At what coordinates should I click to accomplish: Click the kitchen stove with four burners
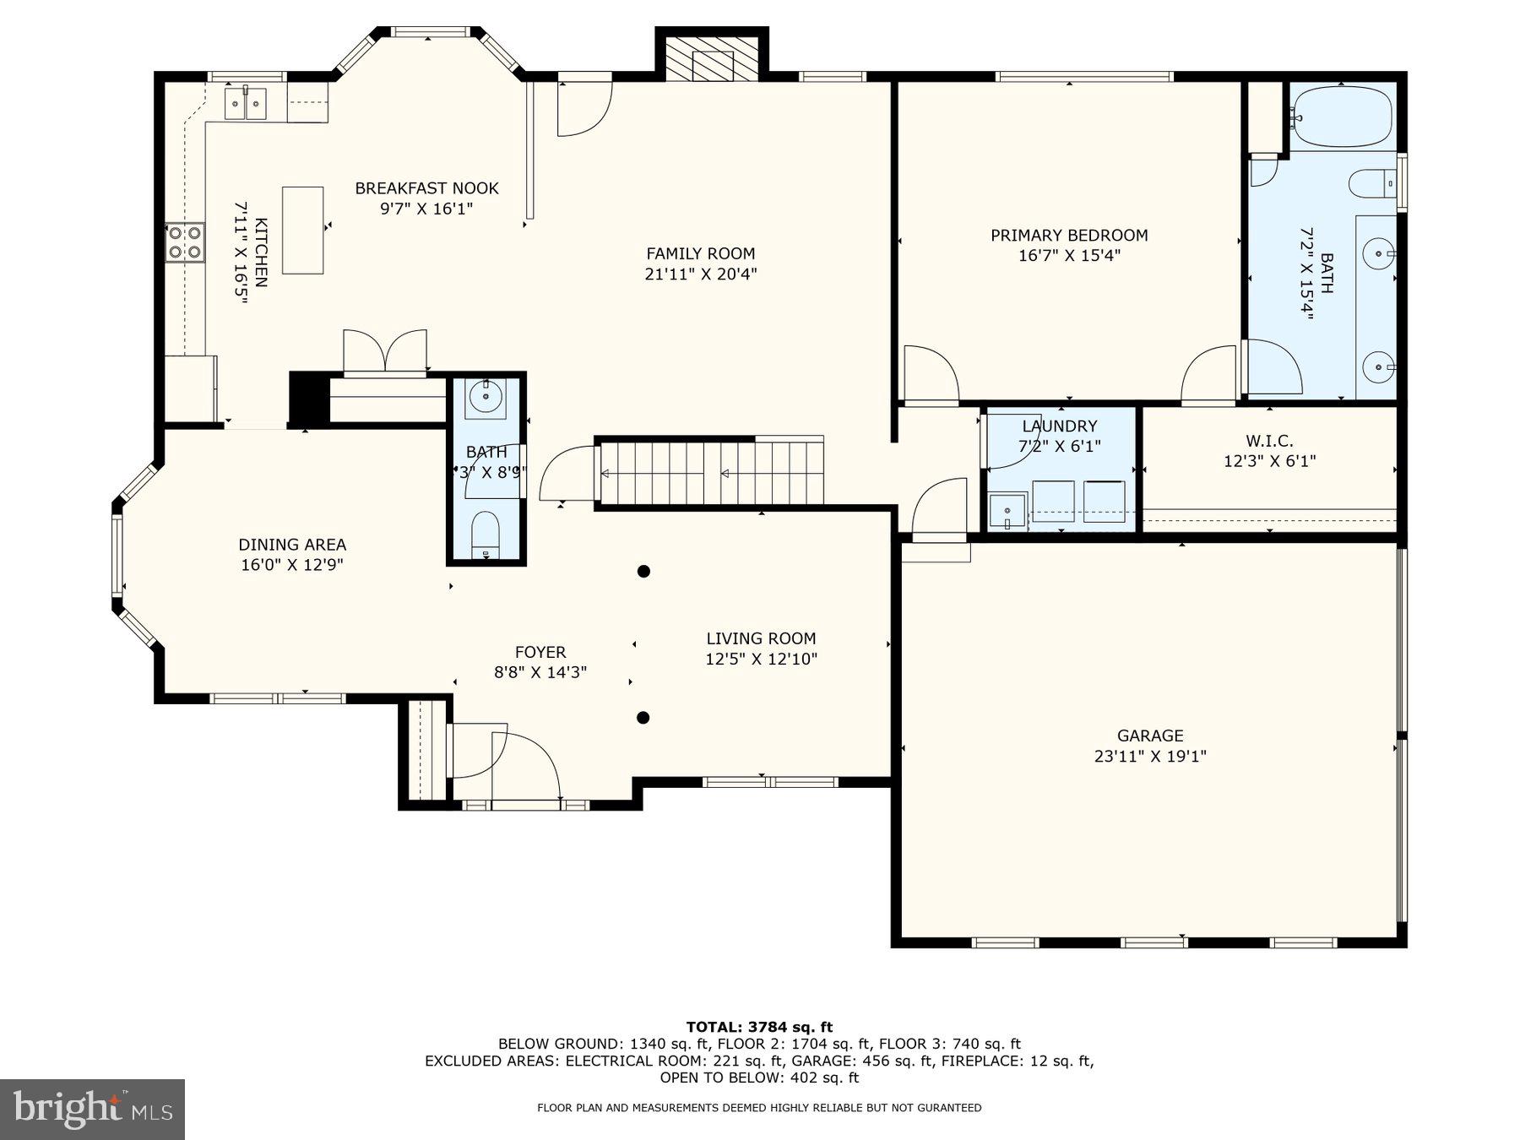tap(185, 241)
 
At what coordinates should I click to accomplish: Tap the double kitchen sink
tap(246, 103)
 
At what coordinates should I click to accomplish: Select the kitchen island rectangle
tap(302, 230)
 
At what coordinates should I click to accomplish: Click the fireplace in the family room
tap(713, 65)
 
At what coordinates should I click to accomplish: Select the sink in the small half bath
tap(486, 395)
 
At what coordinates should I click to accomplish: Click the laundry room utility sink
tap(1007, 512)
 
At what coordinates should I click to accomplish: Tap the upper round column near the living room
tap(643, 572)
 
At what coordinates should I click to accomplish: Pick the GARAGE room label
tap(1149, 736)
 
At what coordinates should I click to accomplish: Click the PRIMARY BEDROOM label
tap(1069, 236)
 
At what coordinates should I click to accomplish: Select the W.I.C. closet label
tap(1269, 441)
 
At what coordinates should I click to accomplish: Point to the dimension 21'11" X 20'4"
tap(700, 274)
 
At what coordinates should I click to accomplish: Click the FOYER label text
tap(540, 652)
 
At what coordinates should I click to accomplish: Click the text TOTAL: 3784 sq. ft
tap(759, 1027)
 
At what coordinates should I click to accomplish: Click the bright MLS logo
tap(92, 1109)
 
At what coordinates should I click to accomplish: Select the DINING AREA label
tap(292, 545)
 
